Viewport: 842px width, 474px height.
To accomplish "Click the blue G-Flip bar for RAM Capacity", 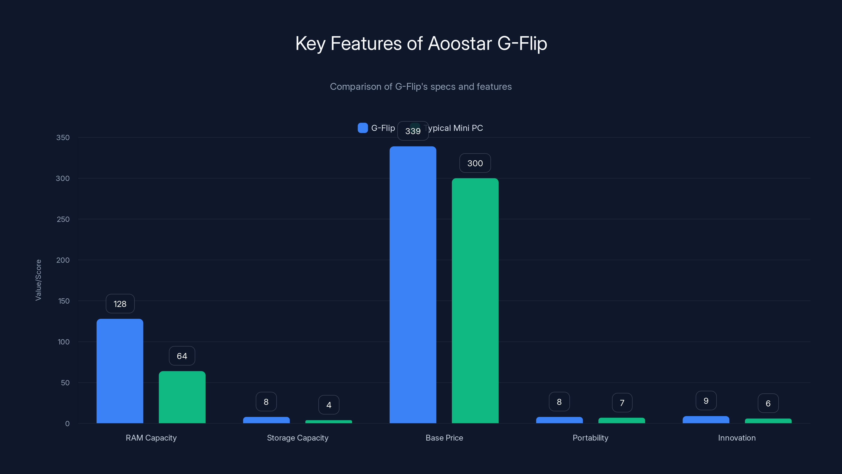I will click(x=120, y=371).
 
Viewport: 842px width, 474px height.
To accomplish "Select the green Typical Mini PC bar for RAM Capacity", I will click(x=182, y=397).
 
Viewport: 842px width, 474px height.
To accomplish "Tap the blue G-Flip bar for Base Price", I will click(x=413, y=285).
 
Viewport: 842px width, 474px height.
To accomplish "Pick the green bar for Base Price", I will click(x=475, y=301).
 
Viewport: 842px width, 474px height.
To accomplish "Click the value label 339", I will click(x=413, y=131).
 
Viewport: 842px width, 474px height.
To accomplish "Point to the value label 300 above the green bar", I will click(x=475, y=163).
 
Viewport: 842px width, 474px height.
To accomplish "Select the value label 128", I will click(x=120, y=304).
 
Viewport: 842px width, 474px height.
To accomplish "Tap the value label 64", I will click(x=182, y=356).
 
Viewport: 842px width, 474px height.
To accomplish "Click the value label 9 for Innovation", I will click(x=706, y=401).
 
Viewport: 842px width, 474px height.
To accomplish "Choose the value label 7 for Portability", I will click(x=622, y=403).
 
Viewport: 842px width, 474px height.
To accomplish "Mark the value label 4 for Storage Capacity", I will click(x=329, y=405).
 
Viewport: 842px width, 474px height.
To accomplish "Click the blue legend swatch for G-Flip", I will click(x=363, y=128).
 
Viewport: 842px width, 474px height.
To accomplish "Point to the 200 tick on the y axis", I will click(x=63, y=260).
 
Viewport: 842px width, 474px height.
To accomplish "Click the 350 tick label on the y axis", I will click(x=63, y=137).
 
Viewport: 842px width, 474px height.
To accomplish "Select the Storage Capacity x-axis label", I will click(x=297, y=438).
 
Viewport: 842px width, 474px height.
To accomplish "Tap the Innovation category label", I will click(x=737, y=438).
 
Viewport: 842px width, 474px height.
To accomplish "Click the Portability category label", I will click(x=590, y=438).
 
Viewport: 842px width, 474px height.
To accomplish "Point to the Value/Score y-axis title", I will click(x=38, y=280).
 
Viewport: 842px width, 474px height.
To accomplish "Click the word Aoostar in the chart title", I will click(x=460, y=43).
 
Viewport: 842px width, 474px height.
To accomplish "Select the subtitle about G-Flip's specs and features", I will click(x=421, y=87).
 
